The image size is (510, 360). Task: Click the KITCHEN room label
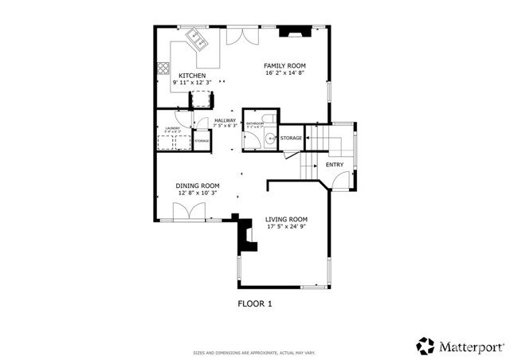click(180, 76)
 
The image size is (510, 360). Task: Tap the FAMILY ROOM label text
click(285, 65)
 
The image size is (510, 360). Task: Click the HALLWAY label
click(225, 120)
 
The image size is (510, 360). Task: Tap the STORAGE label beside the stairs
click(291, 139)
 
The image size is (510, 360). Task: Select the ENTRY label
click(335, 165)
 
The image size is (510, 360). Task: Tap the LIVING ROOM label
click(286, 219)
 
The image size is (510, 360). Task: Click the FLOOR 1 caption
click(255, 303)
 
